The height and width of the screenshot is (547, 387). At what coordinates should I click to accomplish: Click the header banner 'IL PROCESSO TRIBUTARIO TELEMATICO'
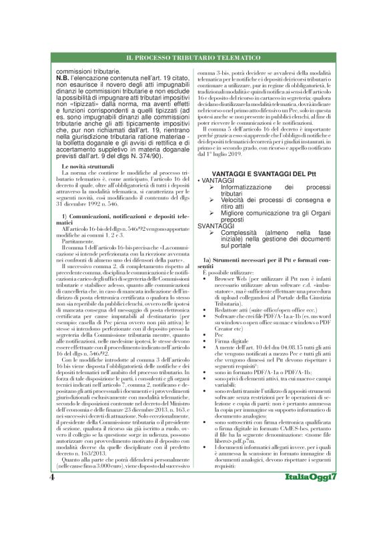tap(193, 59)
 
